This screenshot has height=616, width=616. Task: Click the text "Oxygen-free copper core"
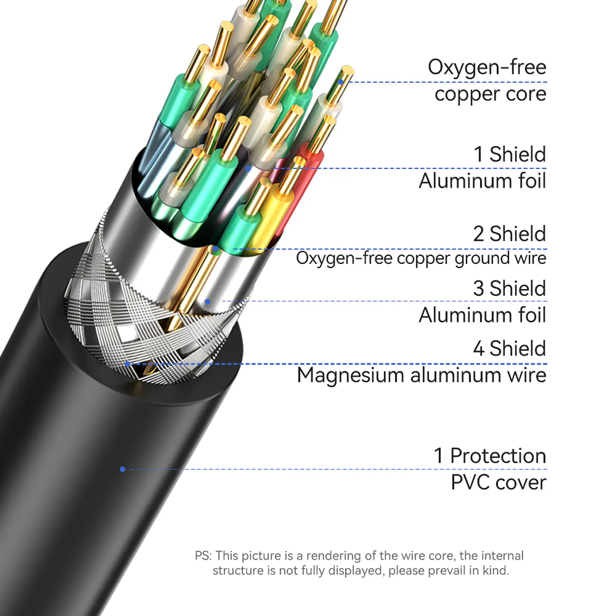click(487, 80)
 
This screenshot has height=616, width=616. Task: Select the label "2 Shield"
click(509, 234)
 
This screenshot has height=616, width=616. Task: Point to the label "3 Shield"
click(509, 288)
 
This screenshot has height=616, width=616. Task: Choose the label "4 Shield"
click(509, 348)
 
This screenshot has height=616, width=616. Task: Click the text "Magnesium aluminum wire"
click(422, 375)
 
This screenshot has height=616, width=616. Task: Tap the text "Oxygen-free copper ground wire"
click(421, 258)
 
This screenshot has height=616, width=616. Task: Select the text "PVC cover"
click(498, 483)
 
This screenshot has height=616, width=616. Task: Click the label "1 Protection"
click(490, 456)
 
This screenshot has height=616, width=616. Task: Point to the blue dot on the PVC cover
click(122, 469)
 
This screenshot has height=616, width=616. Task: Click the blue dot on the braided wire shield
click(127, 364)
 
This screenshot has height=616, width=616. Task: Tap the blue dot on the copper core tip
click(341, 82)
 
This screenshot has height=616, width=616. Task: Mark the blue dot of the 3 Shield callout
click(207, 302)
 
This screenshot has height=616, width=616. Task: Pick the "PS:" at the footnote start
click(203, 556)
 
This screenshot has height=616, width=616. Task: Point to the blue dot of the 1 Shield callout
click(248, 169)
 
